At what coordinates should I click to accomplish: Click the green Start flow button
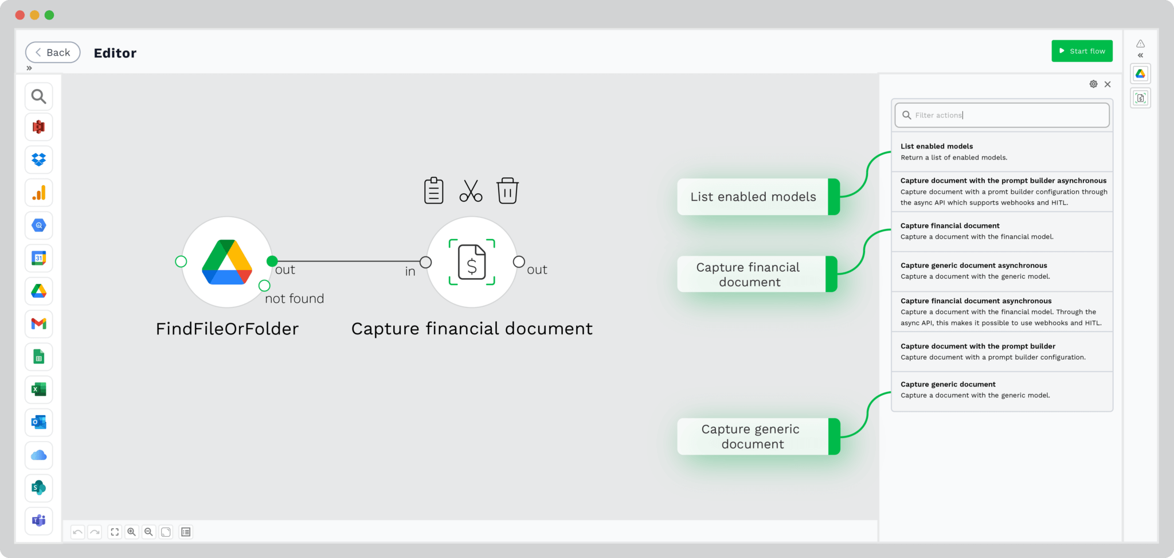[1081, 51]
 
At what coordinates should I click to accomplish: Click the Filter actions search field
[1001, 115]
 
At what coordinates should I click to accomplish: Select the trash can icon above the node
[507, 190]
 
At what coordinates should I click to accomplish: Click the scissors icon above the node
[471, 191]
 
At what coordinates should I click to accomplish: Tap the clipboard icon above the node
[433, 190]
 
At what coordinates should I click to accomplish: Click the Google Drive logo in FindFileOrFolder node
[227, 262]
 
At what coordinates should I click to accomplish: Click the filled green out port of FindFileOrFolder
[272, 262]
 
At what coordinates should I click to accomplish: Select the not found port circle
[264, 286]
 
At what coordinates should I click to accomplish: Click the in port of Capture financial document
[425, 262]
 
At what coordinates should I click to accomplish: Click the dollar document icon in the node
[471, 262]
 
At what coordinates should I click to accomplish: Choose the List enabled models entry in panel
[1001, 151]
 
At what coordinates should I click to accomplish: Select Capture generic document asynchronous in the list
[1001, 271]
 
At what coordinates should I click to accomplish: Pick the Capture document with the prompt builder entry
[1001, 352]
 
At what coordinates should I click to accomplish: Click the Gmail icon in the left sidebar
[39, 324]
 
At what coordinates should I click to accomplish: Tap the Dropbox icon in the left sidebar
[39, 160]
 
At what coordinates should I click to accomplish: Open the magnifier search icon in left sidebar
[39, 96]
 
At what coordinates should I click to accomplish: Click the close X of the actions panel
[1108, 84]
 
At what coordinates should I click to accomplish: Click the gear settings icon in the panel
[1093, 84]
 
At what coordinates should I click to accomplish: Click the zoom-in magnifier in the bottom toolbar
[132, 532]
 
